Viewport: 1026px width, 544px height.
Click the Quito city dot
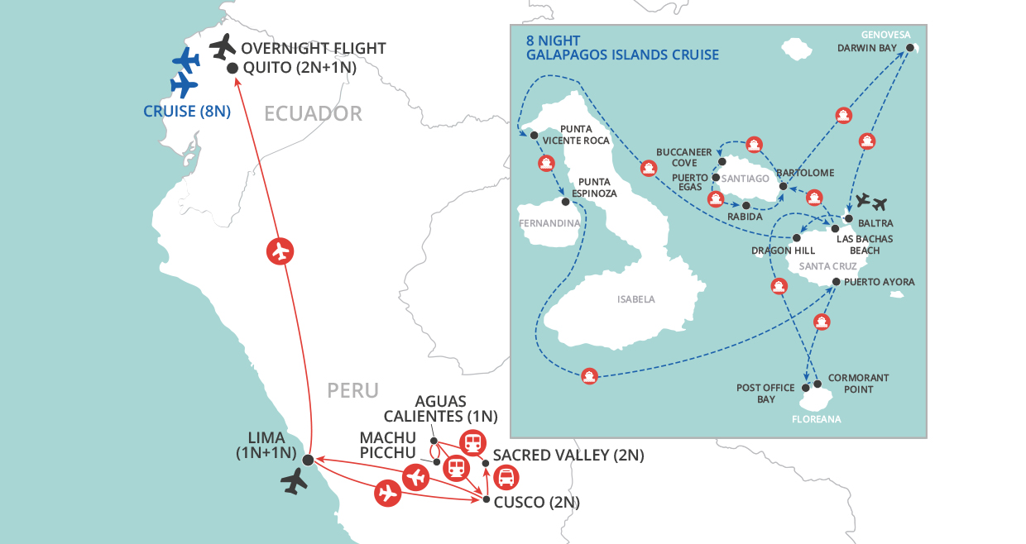click(233, 69)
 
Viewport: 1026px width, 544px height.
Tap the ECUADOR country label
click(313, 113)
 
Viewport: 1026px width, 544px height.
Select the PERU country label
click(352, 390)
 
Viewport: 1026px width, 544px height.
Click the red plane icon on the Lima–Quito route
click(281, 251)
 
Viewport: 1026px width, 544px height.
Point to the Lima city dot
click(308, 460)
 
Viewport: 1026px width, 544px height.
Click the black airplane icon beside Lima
click(294, 480)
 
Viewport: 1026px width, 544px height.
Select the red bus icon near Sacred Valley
click(506, 477)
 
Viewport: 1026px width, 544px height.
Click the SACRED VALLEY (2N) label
click(568, 456)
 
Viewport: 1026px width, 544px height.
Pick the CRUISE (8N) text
click(187, 111)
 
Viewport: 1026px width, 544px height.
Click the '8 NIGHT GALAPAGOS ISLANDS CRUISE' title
click(622, 48)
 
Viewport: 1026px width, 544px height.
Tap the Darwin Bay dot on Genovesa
click(909, 49)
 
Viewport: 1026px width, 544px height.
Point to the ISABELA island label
click(636, 299)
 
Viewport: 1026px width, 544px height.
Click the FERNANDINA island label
click(547, 223)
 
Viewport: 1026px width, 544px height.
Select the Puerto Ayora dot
click(836, 283)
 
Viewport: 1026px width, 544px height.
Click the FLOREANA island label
click(817, 419)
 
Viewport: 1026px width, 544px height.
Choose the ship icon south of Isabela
click(589, 375)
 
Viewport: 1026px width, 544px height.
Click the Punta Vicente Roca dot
click(534, 135)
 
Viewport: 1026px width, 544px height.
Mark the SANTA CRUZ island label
click(827, 265)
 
